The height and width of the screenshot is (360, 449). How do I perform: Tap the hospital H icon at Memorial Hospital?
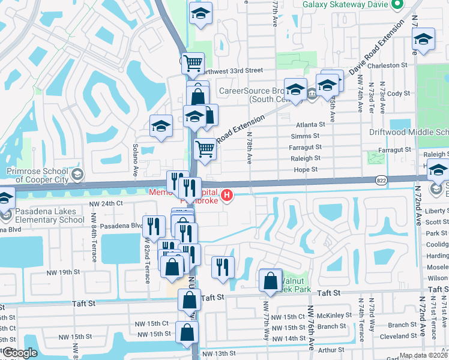227,195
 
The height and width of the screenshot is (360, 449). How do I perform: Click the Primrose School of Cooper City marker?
77,175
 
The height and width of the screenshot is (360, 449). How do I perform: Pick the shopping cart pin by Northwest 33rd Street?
193,62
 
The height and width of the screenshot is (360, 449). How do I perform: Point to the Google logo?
20,353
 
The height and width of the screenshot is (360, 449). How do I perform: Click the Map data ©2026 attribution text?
423,355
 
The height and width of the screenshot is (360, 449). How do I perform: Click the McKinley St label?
335,315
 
